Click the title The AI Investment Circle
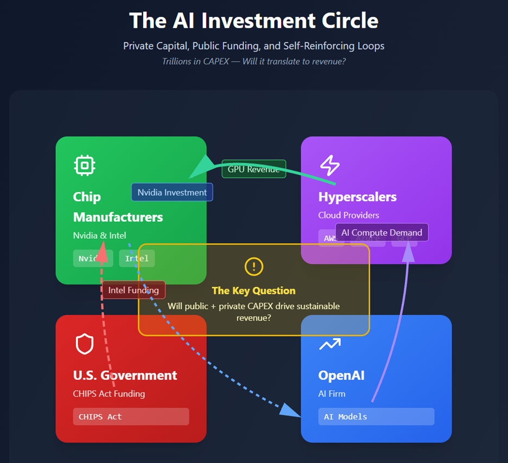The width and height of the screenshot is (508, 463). (x=254, y=21)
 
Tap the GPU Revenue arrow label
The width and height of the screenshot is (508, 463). (x=253, y=169)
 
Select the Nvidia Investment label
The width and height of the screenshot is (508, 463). (x=172, y=192)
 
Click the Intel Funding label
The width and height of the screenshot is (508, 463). (x=134, y=290)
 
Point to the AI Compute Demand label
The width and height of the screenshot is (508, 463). (x=382, y=232)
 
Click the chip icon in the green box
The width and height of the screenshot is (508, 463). (x=85, y=165)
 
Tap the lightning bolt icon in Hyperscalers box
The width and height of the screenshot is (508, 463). (x=329, y=165)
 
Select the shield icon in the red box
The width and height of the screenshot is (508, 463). (x=85, y=344)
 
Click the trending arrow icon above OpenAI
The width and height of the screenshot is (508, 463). (x=329, y=344)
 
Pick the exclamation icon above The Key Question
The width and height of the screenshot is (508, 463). (x=254, y=266)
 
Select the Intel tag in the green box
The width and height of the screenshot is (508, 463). (x=137, y=258)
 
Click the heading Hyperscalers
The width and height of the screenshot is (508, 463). (x=357, y=196)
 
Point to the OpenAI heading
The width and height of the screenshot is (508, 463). (x=341, y=375)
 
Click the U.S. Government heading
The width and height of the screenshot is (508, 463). (x=125, y=375)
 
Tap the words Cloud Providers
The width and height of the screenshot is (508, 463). (x=348, y=215)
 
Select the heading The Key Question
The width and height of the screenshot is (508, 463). (x=253, y=290)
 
